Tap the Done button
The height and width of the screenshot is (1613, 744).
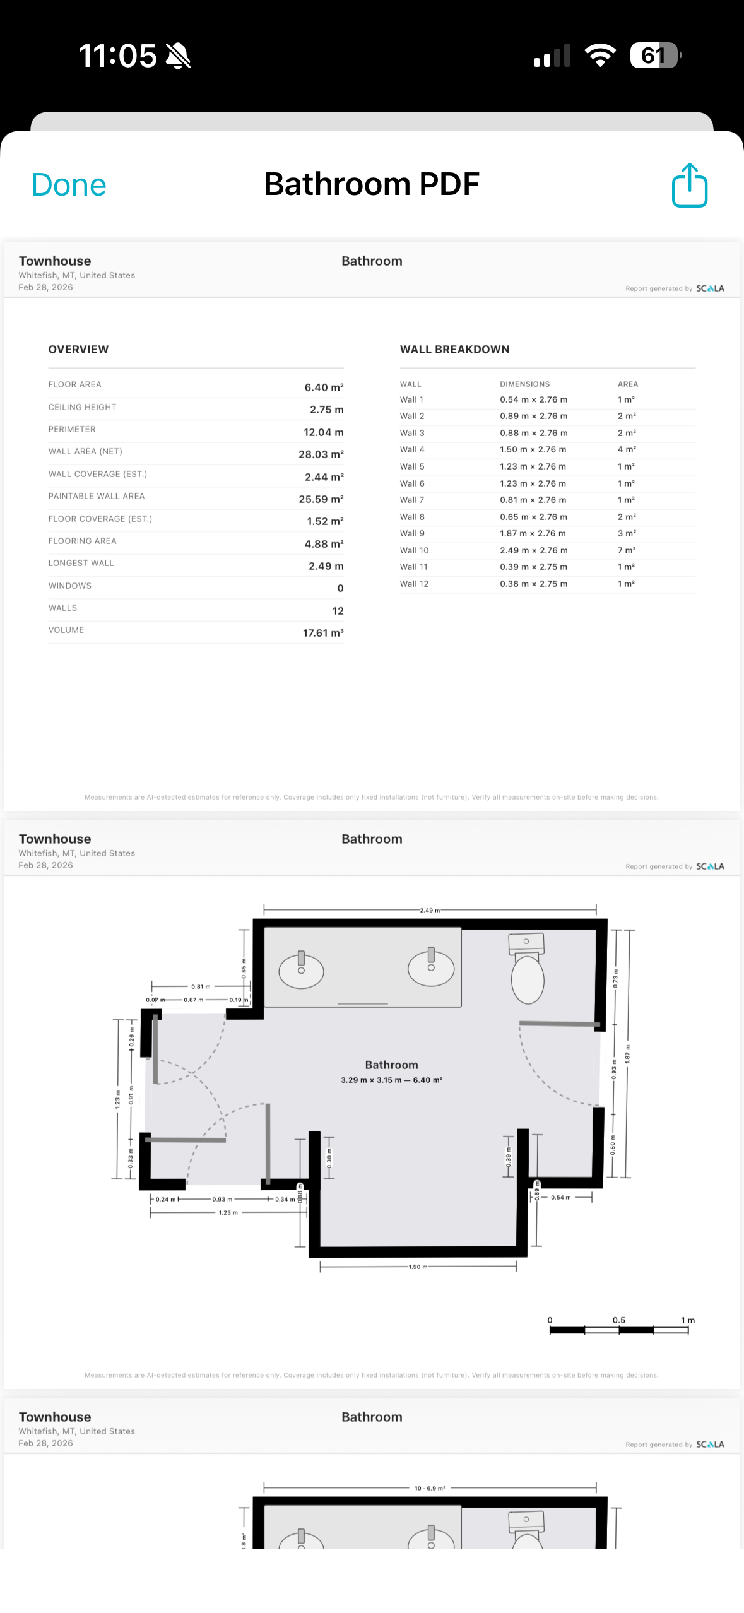[69, 186]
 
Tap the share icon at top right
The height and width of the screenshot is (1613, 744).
[689, 186]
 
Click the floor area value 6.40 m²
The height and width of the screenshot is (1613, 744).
[324, 387]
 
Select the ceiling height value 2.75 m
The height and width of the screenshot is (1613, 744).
[326, 410]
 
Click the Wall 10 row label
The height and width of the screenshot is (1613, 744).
[414, 550]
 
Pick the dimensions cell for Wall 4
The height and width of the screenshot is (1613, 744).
[533, 449]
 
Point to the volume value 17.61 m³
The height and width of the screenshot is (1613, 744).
[323, 633]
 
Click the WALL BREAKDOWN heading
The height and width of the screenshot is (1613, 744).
[454, 350]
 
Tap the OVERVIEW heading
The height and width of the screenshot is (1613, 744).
[78, 350]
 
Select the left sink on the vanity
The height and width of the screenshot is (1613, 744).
[301, 969]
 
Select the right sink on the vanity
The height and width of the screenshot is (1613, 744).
[431, 967]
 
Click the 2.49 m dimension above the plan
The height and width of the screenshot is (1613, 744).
[430, 910]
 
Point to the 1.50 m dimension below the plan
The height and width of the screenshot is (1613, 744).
[418, 1267]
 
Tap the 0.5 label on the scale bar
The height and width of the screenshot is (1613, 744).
[618, 1320]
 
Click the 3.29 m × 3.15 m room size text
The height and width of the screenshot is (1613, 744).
[391, 1080]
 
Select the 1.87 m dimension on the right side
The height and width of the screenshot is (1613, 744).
[627, 1054]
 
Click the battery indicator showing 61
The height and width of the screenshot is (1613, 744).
[654, 56]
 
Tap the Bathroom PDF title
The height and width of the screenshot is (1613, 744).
[372, 184]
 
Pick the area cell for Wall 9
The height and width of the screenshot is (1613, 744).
[626, 533]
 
